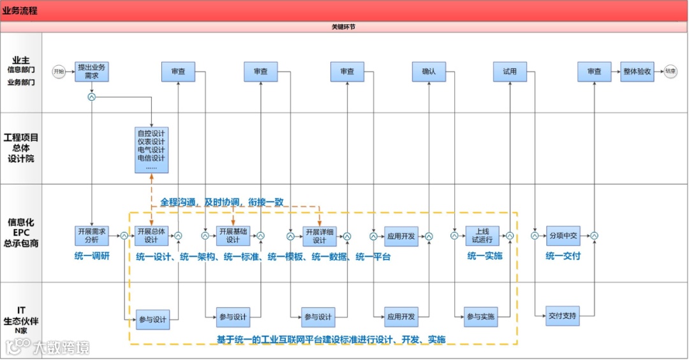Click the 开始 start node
[59, 71]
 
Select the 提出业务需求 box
[91, 71]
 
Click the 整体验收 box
[637, 71]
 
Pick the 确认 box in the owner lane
[429, 71]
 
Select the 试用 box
[510, 71]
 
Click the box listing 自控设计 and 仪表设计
[151, 149]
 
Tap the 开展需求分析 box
[91, 236]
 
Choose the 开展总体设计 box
[151, 236]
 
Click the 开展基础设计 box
[233, 236]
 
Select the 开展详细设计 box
[319, 236]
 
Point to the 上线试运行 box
[482, 236]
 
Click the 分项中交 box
[563, 236]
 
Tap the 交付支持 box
[563, 315]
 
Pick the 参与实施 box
[480, 317]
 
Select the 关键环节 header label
[344, 27]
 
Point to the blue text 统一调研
[93, 257]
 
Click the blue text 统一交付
[563, 257]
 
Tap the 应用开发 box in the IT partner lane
[401, 316]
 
